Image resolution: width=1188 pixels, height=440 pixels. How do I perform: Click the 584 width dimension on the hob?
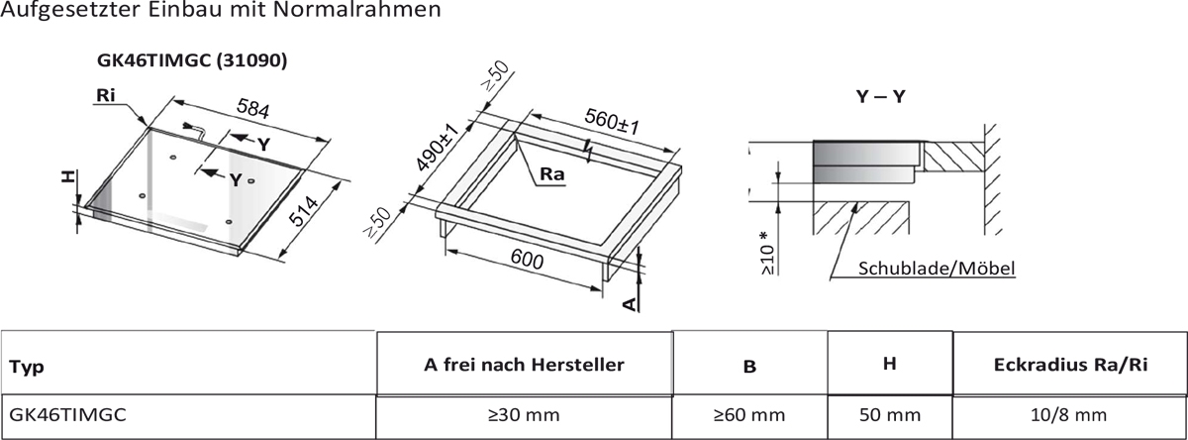(x=253, y=108)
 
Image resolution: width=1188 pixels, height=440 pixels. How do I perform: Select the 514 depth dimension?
(x=303, y=211)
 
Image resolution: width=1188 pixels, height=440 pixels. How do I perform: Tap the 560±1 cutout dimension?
(x=612, y=122)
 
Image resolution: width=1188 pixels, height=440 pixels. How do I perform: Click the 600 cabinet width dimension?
(x=527, y=260)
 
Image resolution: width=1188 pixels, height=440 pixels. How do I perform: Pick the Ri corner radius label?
(x=106, y=95)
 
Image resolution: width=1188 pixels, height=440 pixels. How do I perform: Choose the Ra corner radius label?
(x=552, y=174)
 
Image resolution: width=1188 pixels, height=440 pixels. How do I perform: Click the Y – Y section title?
(x=880, y=96)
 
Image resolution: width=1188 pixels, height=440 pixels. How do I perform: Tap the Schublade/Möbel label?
(x=937, y=269)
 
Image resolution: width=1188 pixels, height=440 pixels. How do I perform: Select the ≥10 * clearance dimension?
(x=767, y=253)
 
